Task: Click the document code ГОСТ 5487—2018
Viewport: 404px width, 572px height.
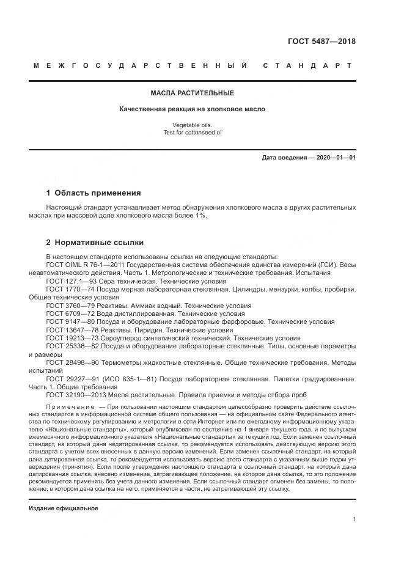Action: [x=321, y=42]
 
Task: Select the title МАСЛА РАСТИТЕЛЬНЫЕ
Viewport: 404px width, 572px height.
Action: [x=193, y=93]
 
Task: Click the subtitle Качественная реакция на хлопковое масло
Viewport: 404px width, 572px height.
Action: [x=193, y=109]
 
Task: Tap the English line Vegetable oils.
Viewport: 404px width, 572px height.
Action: [x=193, y=125]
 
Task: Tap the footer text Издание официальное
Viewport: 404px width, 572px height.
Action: [x=63, y=508]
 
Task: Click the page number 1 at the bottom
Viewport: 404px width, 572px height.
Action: [x=354, y=519]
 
